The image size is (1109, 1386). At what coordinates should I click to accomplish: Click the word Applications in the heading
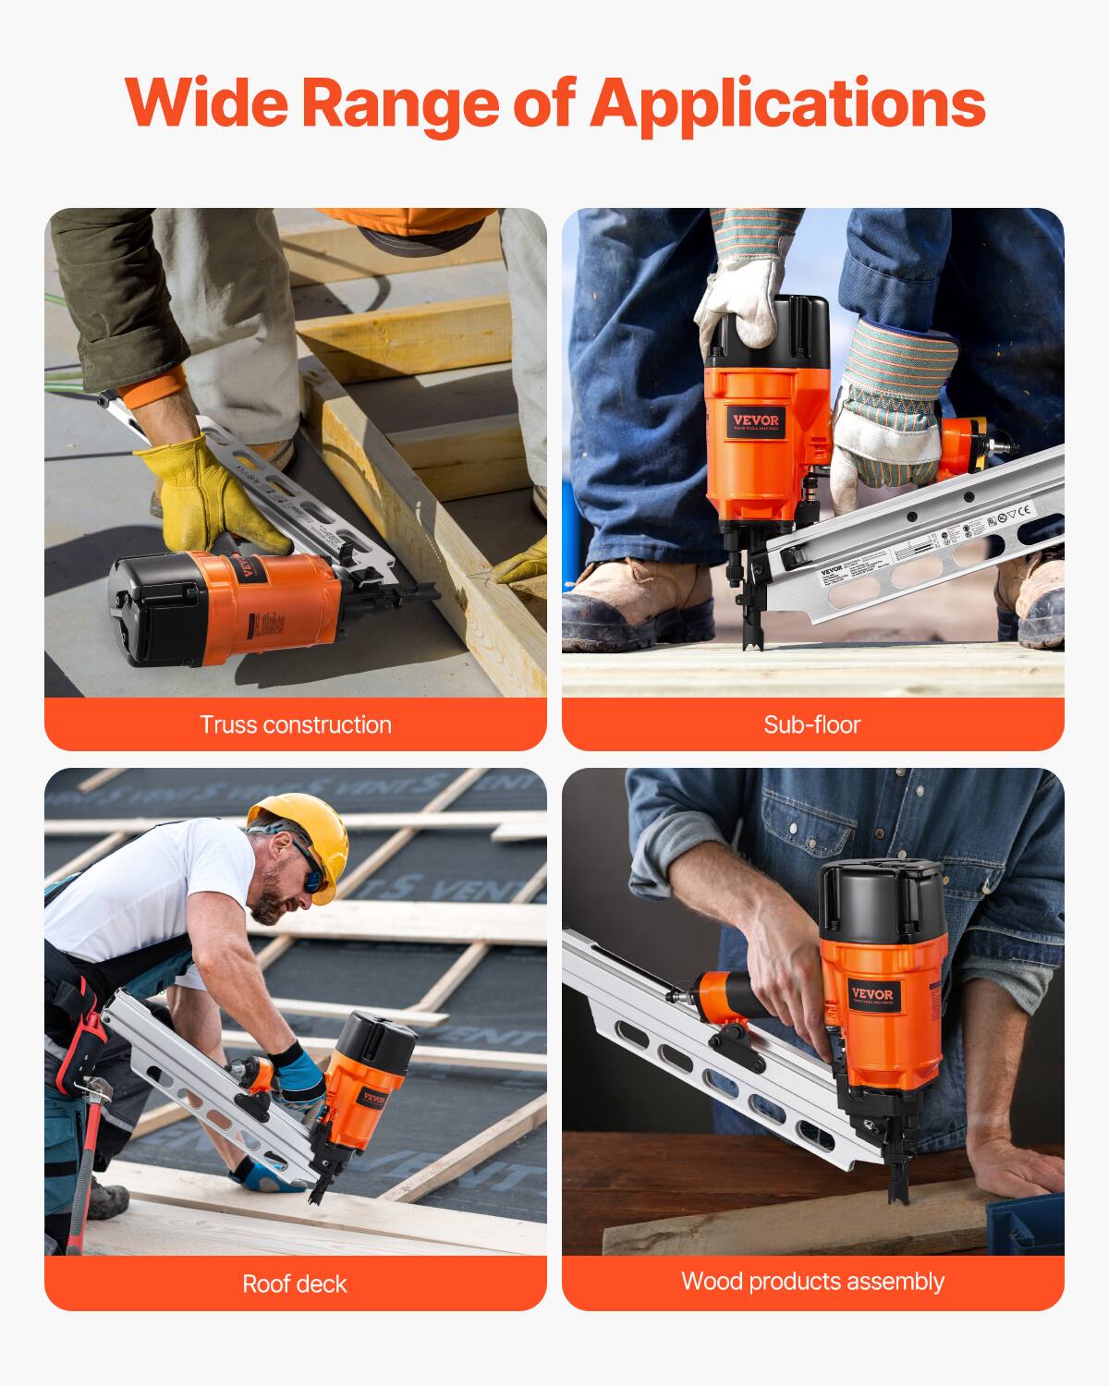coord(787,103)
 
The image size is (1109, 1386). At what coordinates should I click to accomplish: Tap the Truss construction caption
coord(296,724)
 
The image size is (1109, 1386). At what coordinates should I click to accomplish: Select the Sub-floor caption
coord(812,724)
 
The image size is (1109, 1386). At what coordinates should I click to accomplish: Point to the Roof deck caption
coord(295,1283)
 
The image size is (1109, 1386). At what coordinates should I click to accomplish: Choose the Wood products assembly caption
coord(812,1282)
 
